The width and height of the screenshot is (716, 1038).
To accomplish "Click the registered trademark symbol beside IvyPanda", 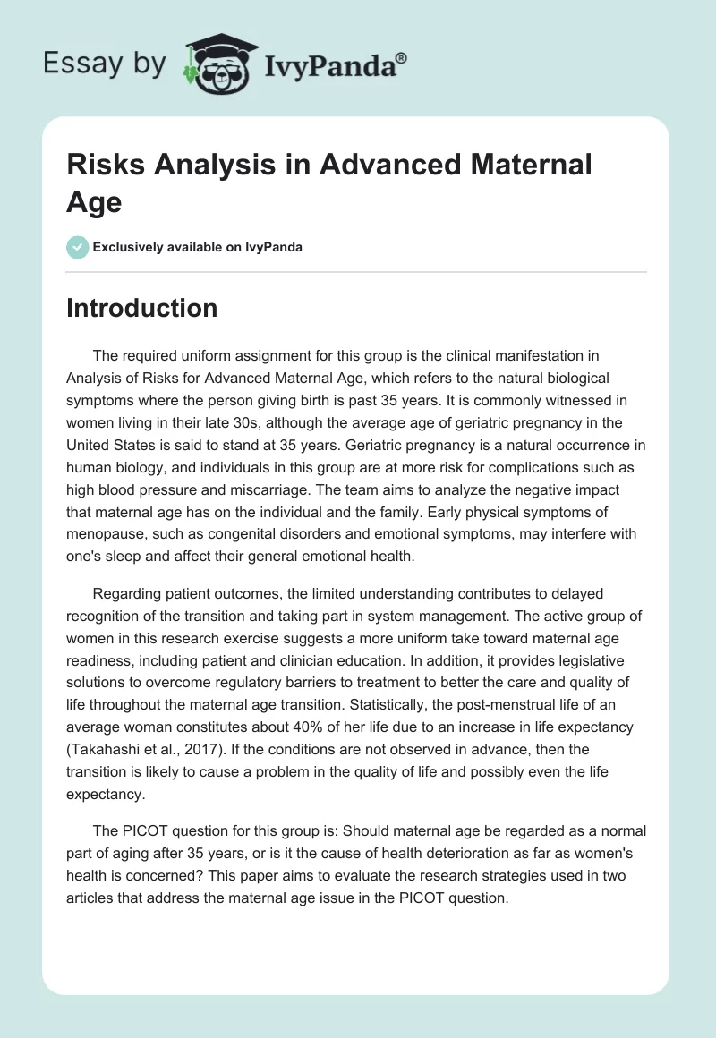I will pyautogui.click(x=402, y=59).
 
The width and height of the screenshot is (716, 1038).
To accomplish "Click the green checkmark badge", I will pyautogui.click(x=78, y=247).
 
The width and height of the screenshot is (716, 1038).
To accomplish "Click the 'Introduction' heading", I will pyautogui.click(x=142, y=308).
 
